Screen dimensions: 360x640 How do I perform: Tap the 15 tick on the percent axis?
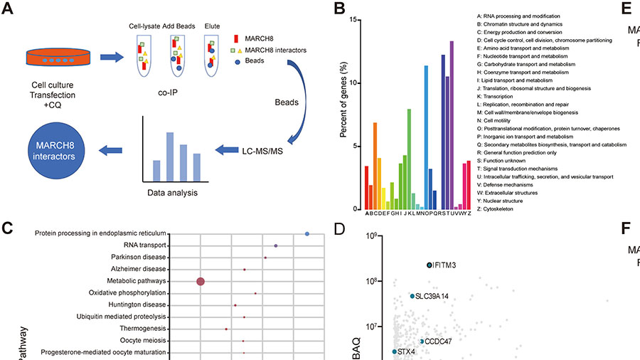point(356,19)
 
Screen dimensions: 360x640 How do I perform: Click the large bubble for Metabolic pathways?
point(201,282)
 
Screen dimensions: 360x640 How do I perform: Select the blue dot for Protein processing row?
point(306,233)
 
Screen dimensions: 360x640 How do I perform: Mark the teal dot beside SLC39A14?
point(412,296)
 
